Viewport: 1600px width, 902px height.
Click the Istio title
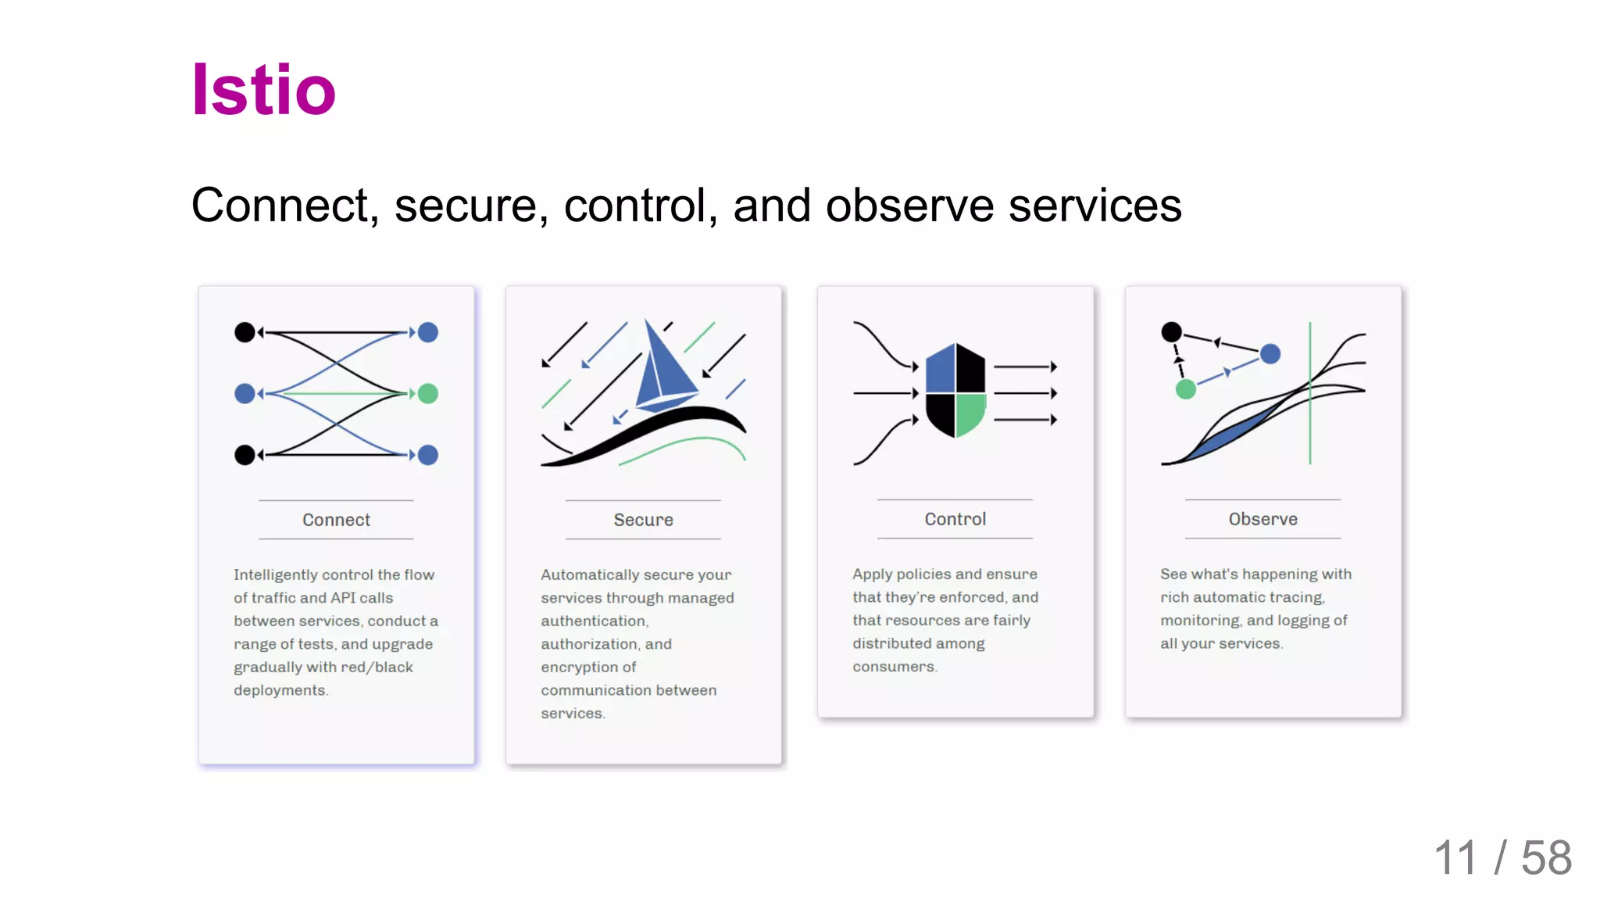[263, 90]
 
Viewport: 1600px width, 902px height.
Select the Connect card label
[336, 520]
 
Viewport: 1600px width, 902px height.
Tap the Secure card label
[643, 520]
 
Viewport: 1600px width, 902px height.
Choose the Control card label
[955, 519]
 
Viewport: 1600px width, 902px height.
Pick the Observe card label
[1262, 519]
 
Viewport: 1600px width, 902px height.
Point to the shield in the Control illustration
[955, 390]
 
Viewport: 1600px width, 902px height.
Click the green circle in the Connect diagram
[428, 393]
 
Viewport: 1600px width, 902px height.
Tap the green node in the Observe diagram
[1186, 388]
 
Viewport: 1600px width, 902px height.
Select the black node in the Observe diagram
[1171, 332]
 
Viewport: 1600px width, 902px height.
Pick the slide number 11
[1455, 858]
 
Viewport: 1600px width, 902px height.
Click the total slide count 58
[1546, 858]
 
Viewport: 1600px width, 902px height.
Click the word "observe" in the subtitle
[909, 206]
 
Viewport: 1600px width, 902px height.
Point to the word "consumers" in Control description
[894, 667]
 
